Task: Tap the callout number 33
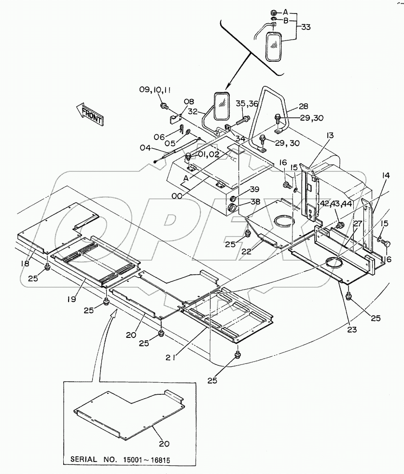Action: [306, 28]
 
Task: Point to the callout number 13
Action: [330, 137]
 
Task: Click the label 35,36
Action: [247, 103]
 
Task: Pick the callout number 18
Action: [25, 263]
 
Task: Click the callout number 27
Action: [357, 223]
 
